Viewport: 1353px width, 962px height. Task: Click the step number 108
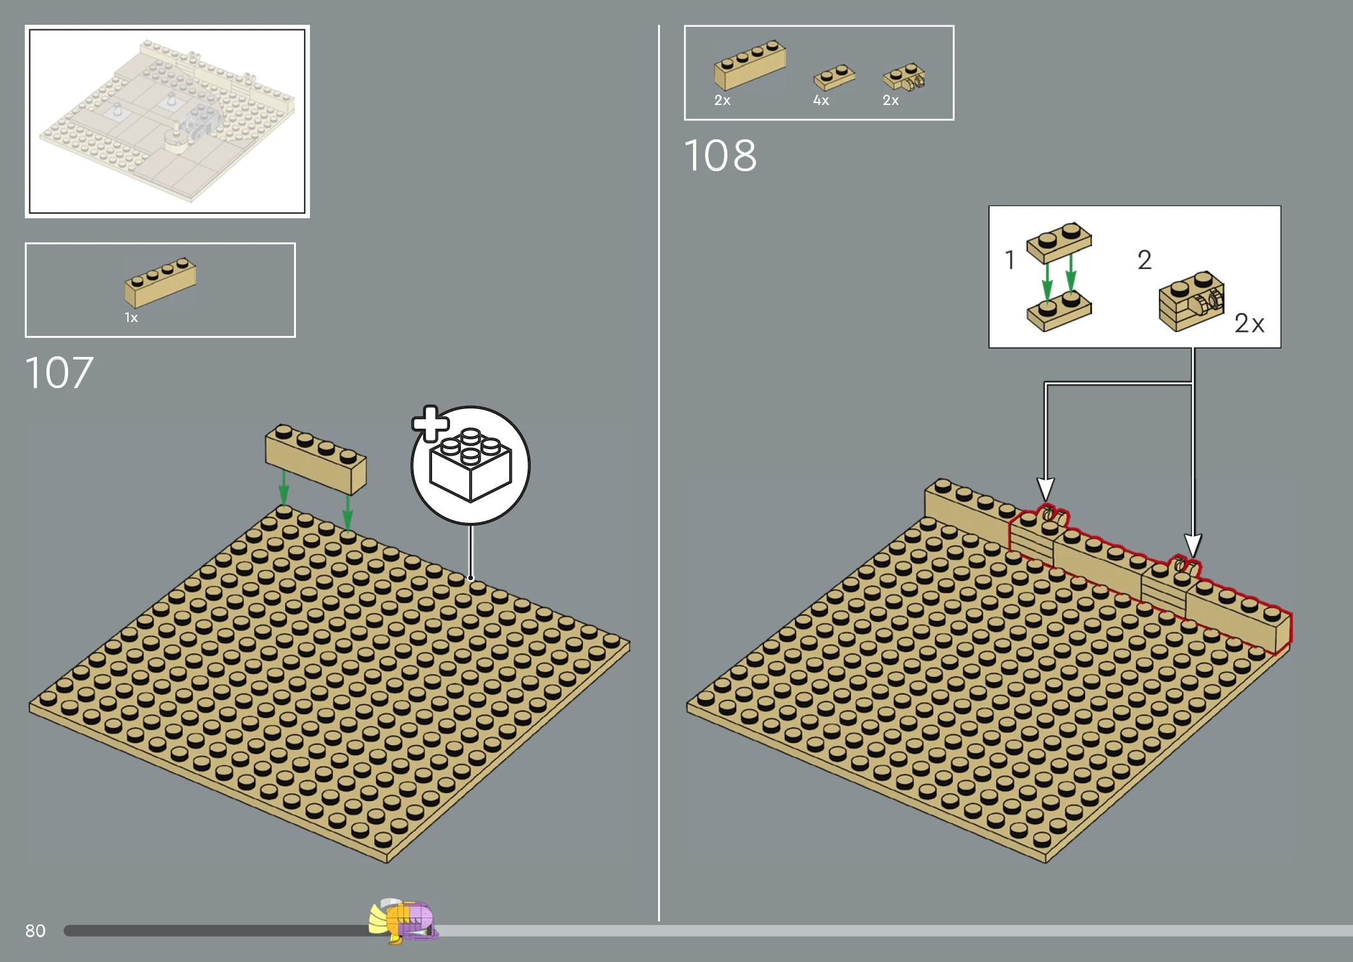(720, 155)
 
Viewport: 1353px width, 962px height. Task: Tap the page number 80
(36, 931)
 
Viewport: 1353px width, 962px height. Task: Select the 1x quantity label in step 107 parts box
(131, 317)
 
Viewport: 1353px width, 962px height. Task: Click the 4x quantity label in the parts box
(821, 101)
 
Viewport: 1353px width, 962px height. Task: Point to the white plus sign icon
(431, 424)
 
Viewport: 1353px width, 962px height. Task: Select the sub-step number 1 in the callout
(1009, 260)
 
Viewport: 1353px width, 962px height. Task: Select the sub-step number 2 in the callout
(1144, 260)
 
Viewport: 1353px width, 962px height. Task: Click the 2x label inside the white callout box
(1249, 323)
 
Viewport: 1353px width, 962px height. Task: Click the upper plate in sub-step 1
(1059, 242)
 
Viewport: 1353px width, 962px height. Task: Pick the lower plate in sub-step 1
(1059, 310)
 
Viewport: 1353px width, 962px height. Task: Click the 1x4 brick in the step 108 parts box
(750, 65)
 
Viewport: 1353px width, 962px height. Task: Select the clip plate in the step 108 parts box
(904, 77)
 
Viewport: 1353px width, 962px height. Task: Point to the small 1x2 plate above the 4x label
(834, 77)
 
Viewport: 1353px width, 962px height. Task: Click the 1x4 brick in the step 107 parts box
(160, 282)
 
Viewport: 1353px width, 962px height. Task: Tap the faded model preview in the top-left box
(167, 121)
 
